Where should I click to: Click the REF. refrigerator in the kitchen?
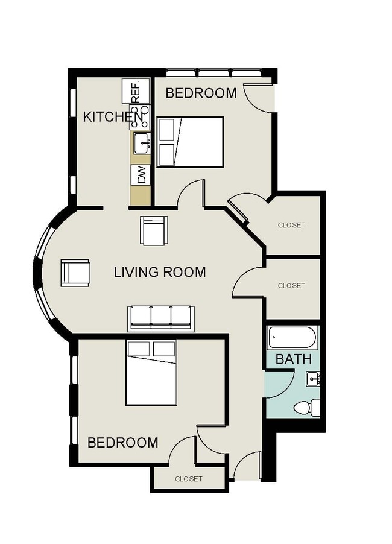coord(135,90)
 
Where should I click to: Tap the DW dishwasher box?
coord(141,175)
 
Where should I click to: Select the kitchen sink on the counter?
coord(141,143)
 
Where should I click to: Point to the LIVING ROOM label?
coord(160,272)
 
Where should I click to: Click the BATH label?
coord(294,359)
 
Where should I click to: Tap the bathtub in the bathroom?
coord(292,337)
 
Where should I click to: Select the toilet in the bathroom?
coord(307,408)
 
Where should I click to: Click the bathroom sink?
coord(312,379)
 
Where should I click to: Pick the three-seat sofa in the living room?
coord(160,317)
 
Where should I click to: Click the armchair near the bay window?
coord(75,273)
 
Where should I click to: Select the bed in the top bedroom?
coord(190,142)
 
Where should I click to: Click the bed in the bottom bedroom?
coord(151,373)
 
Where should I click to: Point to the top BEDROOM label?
coord(201,93)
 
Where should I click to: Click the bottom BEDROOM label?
coord(123,443)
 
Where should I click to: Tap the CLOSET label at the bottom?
coord(189,479)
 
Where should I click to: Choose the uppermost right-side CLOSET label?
coord(291,225)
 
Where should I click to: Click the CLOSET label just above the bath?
coord(291,286)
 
